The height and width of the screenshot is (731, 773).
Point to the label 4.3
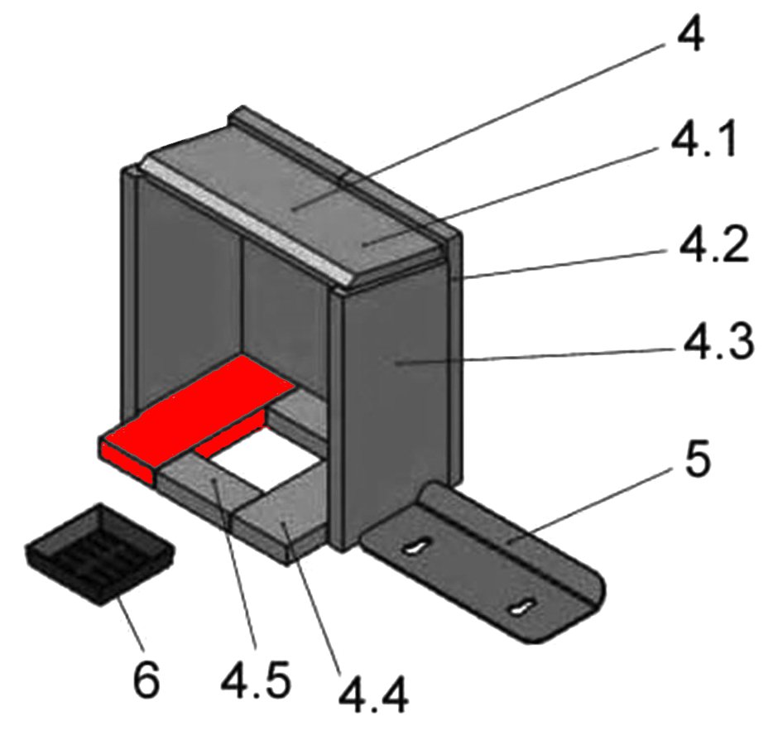pos(718,342)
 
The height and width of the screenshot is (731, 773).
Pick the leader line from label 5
pos(589,505)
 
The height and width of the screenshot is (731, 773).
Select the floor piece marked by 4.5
pos(209,481)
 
